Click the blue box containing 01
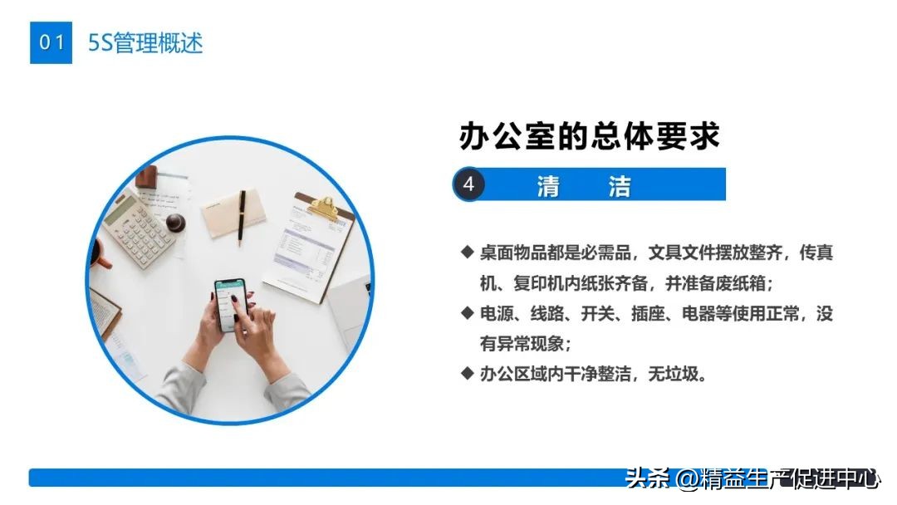click(51, 42)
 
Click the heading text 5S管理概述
click(145, 42)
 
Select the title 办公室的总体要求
click(589, 136)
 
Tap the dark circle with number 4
click(468, 184)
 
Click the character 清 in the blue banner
click(548, 186)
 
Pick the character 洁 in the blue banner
click(619, 186)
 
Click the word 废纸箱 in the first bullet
click(743, 283)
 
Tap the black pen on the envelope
click(242, 218)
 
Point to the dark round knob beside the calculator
click(175, 222)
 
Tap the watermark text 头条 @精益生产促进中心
click(752, 479)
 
